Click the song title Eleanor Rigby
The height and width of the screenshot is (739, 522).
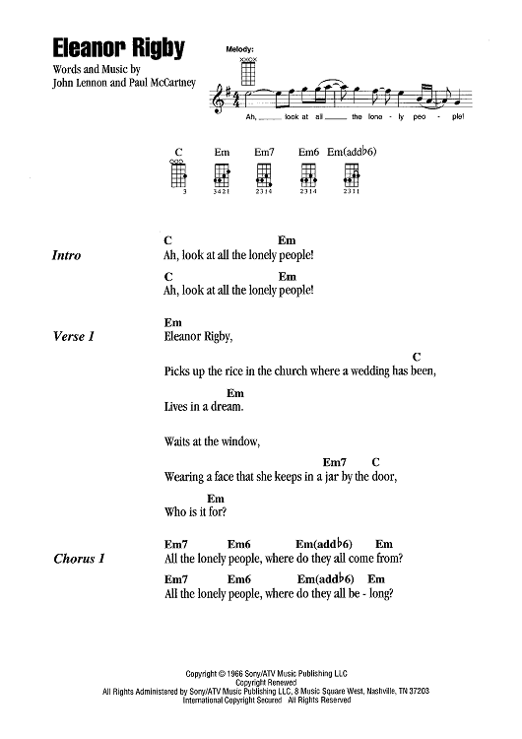(123, 50)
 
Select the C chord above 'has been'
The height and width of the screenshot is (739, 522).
(417, 356)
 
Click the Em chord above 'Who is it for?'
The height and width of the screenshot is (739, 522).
(216, 499)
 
